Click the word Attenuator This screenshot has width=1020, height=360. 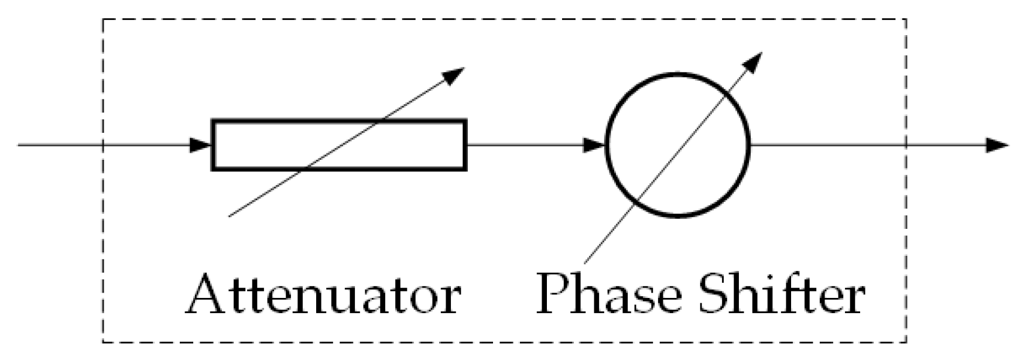tap(323, 295)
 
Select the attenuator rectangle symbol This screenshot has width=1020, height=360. tap(339, 145)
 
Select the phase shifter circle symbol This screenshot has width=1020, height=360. tap(678, 145)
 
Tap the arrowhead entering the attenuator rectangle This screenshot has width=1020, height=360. tap(201, 145)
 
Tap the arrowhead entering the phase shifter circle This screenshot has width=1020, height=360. tap(595, 145)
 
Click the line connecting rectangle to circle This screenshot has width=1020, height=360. tap(527, 145)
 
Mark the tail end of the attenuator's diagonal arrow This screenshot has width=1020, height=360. tap(230, 216)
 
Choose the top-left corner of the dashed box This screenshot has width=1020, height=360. tap(104, 20)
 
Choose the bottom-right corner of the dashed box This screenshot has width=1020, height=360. tap(906, 341)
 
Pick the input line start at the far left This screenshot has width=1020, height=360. tap(20, 145)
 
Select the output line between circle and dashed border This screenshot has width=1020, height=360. tap(826, 145)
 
